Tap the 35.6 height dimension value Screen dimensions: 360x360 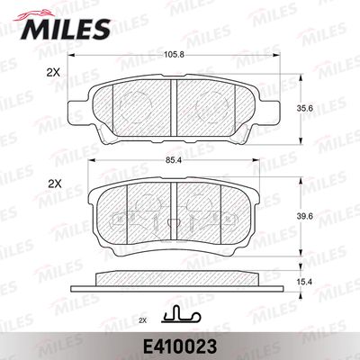[305, 109]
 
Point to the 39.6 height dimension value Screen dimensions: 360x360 [305, 216]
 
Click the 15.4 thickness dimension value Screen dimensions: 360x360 [305, 282]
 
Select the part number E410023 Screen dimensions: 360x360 [180, 346]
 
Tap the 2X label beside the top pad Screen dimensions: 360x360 [53, 73]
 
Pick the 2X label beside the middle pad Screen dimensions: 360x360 [55, 184]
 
